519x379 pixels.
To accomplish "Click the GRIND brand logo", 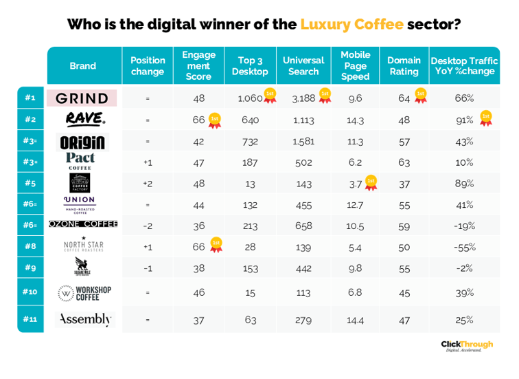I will point(82,98).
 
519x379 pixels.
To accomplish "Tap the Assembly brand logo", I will point(84,319).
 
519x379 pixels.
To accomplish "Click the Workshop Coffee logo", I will point(84,292).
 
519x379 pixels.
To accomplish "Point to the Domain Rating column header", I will point(404,66).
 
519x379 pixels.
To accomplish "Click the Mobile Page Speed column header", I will point(355,65).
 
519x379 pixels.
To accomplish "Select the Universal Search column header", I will point(303,66).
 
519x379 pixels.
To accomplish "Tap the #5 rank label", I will point(31,184).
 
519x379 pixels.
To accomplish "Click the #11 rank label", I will point(31,319).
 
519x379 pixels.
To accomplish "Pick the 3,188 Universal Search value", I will point(303,98).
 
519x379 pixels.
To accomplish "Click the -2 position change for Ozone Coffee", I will point(148,226).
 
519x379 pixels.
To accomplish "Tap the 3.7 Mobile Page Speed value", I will point(354,184).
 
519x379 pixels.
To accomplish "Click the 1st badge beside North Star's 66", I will point(216,245).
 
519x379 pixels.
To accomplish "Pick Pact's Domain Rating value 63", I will point(404,162).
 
